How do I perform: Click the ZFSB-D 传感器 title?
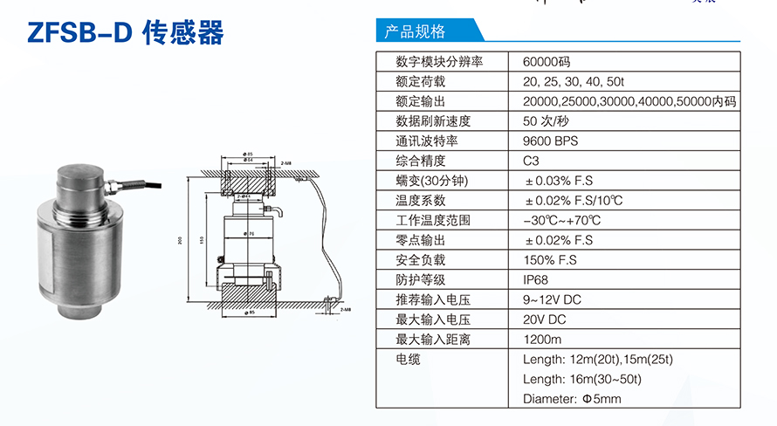coord(126,32)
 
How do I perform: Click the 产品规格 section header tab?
coord(415,32)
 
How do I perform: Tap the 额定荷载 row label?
coord(420,82)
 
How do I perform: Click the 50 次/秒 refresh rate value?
coord(546,121)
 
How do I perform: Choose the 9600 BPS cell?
coord(550,141)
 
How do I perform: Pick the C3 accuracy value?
coord(532,161)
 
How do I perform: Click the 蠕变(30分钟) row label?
coord(432,181)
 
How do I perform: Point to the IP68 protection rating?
coord(537,279)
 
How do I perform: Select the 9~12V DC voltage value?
coord(552,299)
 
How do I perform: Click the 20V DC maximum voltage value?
coord(546,319)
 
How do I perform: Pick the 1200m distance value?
coord(542,339)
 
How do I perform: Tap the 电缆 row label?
coord(408,359)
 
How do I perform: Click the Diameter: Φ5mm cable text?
coord(572,399)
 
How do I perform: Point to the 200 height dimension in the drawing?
coord(178,241)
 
